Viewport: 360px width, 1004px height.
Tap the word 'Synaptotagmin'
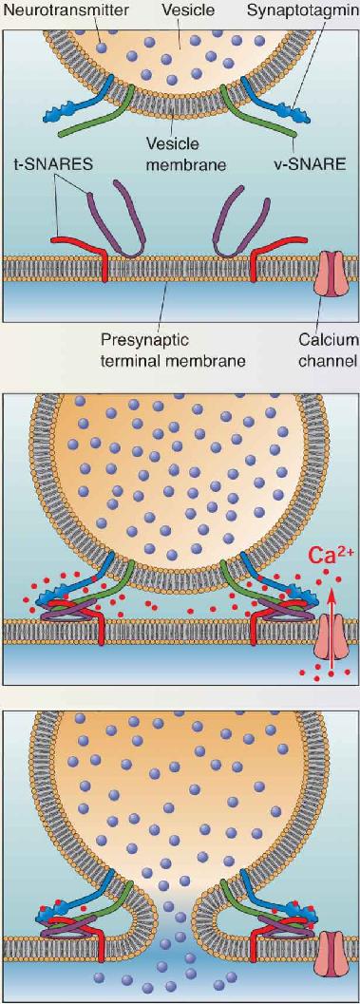[x=318, y=9]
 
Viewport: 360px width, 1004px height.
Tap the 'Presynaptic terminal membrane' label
[x=170, y=350]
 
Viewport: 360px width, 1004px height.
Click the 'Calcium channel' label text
[x=328, y=350]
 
